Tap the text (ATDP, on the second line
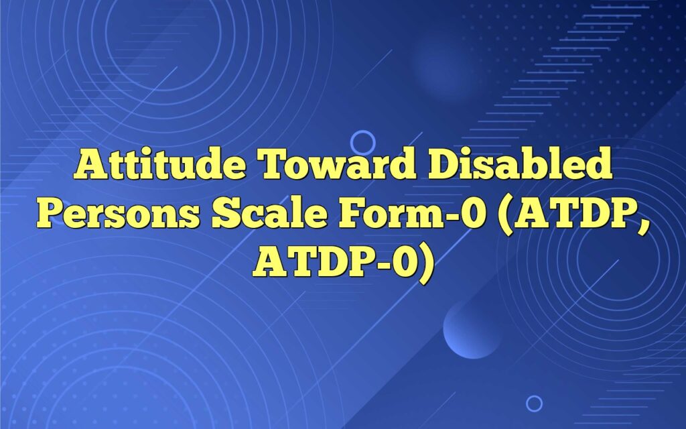point(574,214)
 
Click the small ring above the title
point(362,142)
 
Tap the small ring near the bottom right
point(534,403)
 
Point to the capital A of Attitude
point(90,164)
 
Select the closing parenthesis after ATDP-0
point(426,264)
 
